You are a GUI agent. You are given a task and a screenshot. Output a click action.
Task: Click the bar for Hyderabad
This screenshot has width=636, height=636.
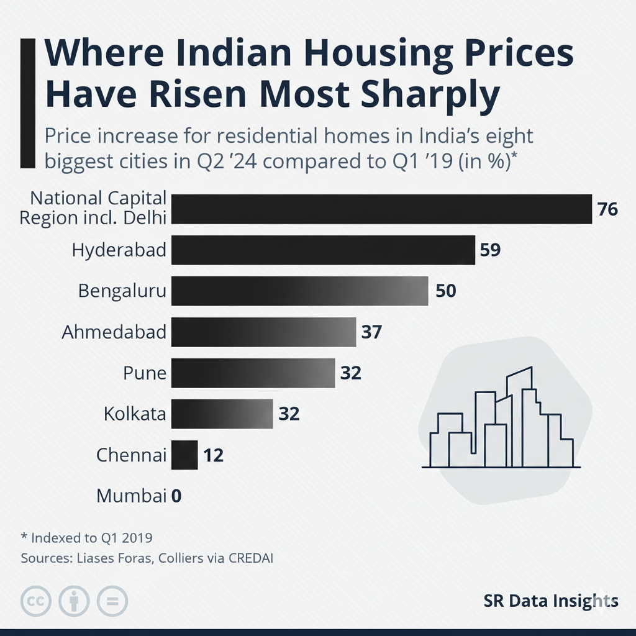(323, 250)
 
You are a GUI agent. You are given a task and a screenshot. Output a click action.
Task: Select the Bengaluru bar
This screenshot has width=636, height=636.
(299, 291)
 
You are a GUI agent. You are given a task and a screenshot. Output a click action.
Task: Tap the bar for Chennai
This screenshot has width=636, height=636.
(184, 455)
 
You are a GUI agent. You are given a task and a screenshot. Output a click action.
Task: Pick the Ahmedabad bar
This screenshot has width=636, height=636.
(263, 332)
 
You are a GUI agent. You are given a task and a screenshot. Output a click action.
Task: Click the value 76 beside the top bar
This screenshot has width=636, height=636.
(607, 209)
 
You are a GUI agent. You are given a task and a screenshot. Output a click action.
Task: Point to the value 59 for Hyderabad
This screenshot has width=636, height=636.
(490, 250)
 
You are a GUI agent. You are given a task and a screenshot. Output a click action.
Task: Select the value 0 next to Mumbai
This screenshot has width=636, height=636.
(176, 496)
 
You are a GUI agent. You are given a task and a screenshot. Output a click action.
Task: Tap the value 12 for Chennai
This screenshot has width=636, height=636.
(213, 456)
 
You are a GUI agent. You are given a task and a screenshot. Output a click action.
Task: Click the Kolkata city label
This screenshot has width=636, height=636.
(135, 414)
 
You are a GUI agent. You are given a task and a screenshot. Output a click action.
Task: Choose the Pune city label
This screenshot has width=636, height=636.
(145, 373)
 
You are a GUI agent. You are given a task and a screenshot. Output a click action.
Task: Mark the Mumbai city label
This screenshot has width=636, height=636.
(132, 496)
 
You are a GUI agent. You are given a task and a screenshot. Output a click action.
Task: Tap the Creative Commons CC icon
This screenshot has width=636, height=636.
(36, 601)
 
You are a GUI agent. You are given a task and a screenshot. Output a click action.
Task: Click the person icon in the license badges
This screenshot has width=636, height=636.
(74, 601)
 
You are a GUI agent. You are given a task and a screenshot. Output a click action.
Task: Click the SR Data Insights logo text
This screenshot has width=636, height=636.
(550, 601)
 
